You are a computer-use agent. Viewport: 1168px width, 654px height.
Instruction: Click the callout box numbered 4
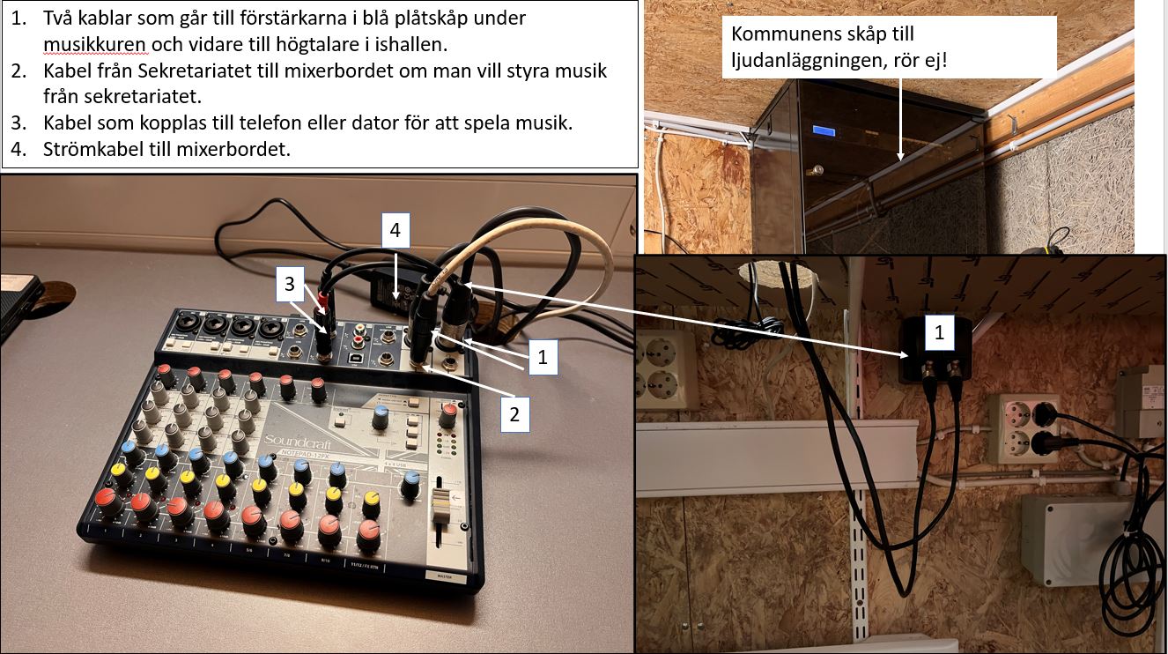395,230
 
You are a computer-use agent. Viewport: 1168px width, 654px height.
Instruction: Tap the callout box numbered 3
290,284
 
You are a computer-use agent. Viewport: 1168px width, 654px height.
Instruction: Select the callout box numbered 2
514,414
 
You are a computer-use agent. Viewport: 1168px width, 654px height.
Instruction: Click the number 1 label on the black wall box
939,332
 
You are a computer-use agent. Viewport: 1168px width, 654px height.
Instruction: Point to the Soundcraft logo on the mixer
297,441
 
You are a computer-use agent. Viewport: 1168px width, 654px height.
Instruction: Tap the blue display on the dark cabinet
824,130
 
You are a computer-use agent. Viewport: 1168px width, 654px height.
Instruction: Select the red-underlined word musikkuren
96,44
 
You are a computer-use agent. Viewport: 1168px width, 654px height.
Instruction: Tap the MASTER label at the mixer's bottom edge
445,576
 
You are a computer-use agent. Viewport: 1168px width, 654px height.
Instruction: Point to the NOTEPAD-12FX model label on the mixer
307,454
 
